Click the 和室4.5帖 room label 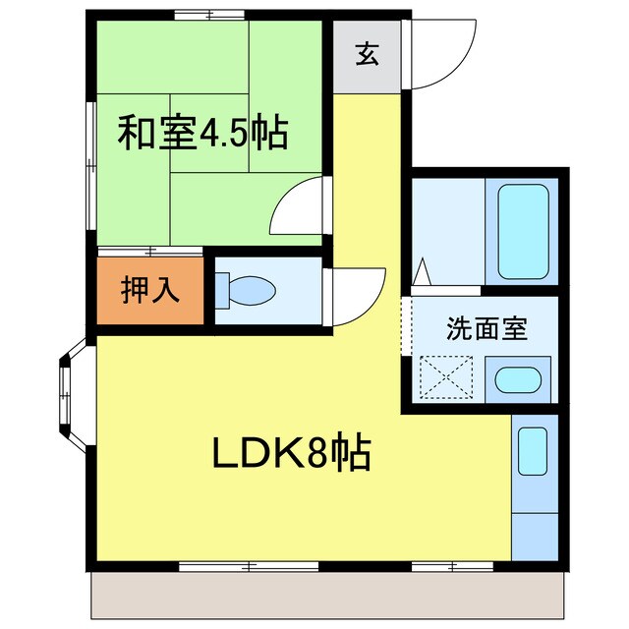[203, 132]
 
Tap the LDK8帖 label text [291, 453]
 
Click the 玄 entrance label [366, 55]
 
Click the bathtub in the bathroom [522, 231]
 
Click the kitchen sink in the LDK [533, 449]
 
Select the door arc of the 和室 [298, 206]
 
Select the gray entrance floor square [366, 56]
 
